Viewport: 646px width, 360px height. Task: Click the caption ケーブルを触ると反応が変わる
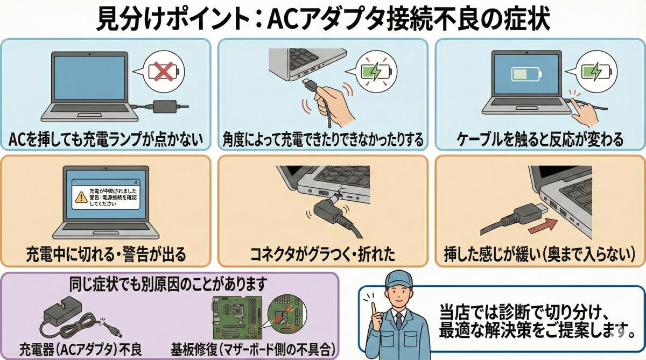point(540,140)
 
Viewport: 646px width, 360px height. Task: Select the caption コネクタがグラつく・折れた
point(323,252)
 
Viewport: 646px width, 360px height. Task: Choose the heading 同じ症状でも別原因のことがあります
point(169,281)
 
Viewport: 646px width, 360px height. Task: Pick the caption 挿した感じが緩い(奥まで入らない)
point(540,252)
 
